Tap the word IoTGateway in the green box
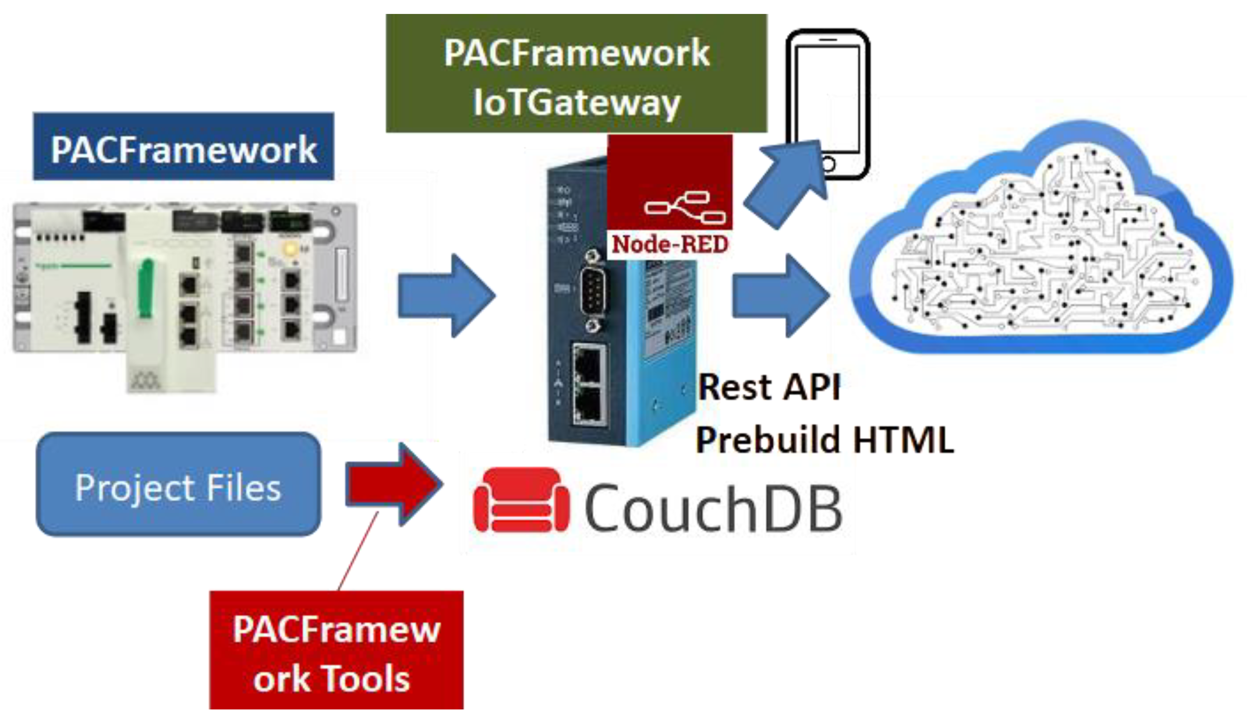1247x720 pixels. coord(576,103)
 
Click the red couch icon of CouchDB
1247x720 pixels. coord(521,501)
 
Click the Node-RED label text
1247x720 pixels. coord(670,244)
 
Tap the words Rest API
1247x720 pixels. coord(769,387)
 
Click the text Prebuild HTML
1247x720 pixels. coord(825,440)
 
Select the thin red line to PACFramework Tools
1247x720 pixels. coord(358,551)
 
